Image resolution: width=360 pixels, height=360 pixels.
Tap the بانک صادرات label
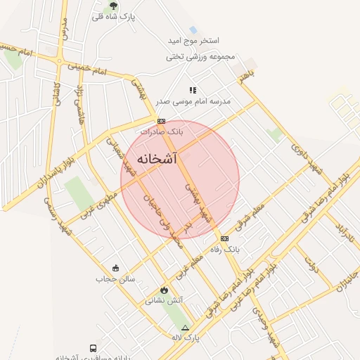[x=161, y=131]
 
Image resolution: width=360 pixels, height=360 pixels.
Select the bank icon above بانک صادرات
[x=161, y=121]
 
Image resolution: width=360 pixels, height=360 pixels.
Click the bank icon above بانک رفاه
[x=224, y=238]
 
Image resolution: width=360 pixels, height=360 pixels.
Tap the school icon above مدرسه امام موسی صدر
[x=193, y=90]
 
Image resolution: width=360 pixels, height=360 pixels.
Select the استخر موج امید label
[x=194, y=41]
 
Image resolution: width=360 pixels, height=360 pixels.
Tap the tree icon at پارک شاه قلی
[x=113, y=6]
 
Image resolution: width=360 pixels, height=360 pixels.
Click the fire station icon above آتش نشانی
[x=164, y=290]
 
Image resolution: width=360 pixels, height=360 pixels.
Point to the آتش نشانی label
[x=164, y=300]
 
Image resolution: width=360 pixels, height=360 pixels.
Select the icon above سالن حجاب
[x=115, y=268]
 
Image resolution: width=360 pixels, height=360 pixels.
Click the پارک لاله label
[x=186, y=337]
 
